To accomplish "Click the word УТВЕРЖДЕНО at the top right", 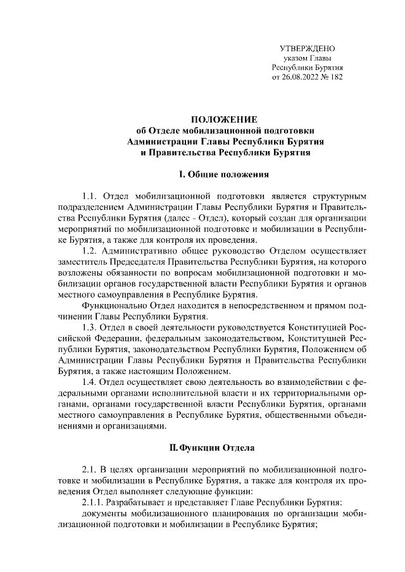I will pyautogui.click(x=307, y=48).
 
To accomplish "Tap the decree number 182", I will pyautogui.click(x=336, y=77).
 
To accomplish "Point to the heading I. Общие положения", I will pyautogui.click(x=225, y=174).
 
